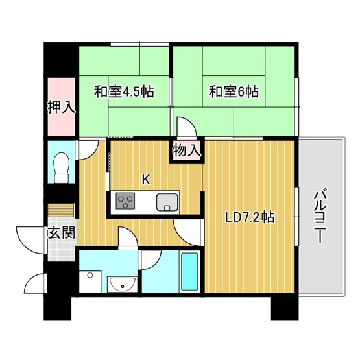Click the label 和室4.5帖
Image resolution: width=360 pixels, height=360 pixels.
[x=123, y=92]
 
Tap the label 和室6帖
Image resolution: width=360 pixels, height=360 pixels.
[x=234, y=92]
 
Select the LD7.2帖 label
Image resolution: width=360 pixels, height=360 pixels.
[x=250, y=217]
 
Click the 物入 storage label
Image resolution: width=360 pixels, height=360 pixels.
[x=187, y=151]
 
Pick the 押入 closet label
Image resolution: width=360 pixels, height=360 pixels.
[x=61, y=107]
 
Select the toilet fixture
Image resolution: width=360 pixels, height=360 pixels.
[x=62, y=167]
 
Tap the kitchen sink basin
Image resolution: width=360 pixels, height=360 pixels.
[x=167, y=202]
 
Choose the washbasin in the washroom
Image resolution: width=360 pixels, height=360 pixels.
[x=121, y=283]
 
